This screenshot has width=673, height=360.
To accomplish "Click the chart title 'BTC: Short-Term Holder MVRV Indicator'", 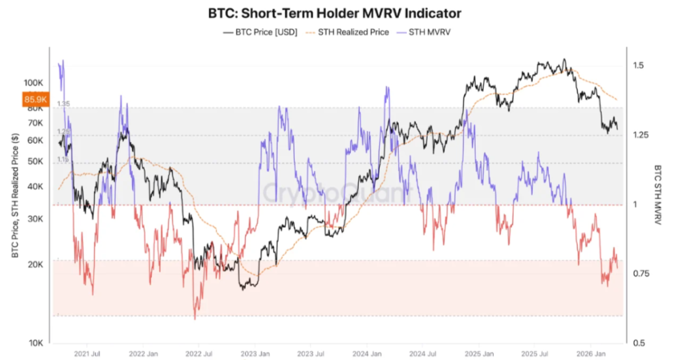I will tap(336, 12).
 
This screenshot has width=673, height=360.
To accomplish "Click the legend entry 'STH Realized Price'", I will tap(348, 32).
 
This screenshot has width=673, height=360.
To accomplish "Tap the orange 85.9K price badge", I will tap(34, 100).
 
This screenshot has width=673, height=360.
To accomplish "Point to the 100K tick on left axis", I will tap(33, 83).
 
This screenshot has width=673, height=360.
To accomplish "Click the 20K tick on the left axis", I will tap(35, 265).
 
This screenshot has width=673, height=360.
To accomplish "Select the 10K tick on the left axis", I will tap(35, 343).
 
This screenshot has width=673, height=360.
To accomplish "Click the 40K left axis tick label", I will tap(35, 187).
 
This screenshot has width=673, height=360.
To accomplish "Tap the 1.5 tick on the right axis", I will tap(638, 66).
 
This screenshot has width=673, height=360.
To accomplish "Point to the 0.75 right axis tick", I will tap(641, 273).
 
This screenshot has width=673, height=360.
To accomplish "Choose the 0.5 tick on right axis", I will tap(638, 343).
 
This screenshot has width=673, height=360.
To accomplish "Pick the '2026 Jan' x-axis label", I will tap(590, 353).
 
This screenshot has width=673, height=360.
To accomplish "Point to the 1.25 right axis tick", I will tap(641, 135).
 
